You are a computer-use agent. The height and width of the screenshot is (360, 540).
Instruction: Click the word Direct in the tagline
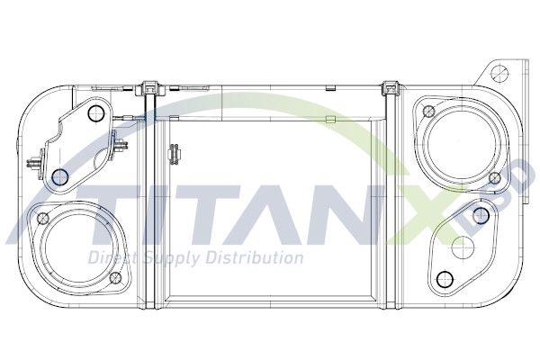click(108, 259)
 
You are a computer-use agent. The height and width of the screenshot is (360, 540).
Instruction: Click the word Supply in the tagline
click(165, 259)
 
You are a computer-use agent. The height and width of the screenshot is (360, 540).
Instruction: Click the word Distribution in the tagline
click(252, 259)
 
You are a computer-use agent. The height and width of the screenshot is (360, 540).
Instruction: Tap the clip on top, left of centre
click(149, 89)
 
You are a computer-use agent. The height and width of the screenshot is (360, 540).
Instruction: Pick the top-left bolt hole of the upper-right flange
click(428, 112)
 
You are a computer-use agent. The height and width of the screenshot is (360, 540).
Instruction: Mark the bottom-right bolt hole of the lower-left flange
click(112, 278)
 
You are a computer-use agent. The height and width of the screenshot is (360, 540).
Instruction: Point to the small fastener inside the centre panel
click(171, 157)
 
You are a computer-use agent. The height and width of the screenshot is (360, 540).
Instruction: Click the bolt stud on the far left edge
click(33, 165)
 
